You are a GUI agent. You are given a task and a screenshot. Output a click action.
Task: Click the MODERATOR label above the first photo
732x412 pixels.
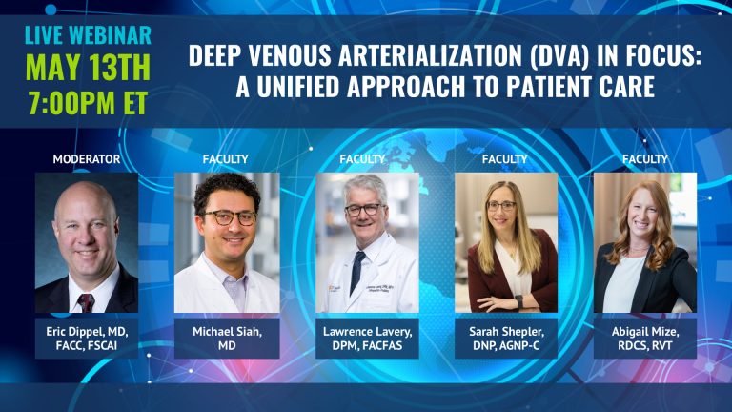click(87, 159)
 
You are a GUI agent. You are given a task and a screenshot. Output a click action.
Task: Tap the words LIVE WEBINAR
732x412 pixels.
click(88, 35)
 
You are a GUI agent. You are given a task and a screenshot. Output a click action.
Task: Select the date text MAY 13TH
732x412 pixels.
click(88, 68)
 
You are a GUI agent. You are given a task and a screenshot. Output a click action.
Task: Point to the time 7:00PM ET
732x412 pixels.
click(88, 102)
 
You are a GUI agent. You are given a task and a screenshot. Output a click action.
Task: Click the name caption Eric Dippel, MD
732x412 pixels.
click(87, 339)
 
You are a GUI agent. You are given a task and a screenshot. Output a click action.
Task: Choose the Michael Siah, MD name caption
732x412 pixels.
click(227, 339)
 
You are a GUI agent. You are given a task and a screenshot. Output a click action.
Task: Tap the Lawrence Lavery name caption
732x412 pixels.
click(367, 339)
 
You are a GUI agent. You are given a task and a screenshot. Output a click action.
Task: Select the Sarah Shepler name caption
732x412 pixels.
click(506, 339)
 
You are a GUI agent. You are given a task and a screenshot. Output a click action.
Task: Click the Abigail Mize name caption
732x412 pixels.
click(645, 339)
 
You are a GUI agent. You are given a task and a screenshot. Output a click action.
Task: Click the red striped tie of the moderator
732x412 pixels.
click(86, 302)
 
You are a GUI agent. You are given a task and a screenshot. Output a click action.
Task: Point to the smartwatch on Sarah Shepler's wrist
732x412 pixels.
click(518, 301)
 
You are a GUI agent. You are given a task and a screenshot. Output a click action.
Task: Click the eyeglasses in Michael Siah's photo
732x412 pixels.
click(230, 217)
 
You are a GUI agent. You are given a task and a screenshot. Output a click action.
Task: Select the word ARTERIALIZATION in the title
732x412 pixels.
click(430, 55)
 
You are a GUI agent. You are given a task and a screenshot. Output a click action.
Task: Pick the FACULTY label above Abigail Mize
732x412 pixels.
click(645, 159)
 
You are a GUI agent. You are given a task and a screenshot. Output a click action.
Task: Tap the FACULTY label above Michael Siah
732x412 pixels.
click(226, 159)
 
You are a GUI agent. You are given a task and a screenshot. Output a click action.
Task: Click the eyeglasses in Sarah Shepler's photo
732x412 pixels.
click(501, 206)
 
